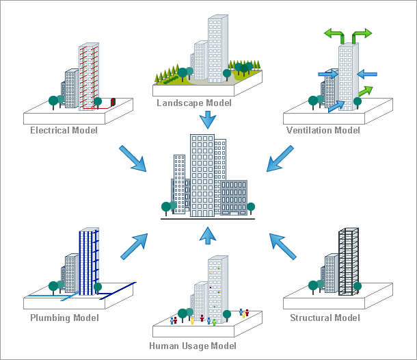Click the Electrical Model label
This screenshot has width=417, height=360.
tap(64, 130)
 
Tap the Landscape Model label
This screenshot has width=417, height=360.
tap(194, 103)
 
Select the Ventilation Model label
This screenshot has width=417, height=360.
tap(323, 130)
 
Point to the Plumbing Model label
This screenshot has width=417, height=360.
tap(64, 318)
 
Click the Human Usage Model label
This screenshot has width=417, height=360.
tap(193, 346)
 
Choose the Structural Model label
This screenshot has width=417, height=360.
tap(325, 318)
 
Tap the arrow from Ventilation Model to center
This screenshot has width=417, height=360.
tap(280, 158)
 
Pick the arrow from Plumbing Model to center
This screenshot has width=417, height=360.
tap(134, 246)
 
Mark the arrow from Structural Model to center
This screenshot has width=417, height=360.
tap(283, 246)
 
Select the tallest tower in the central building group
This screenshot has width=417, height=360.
tap(202, 175)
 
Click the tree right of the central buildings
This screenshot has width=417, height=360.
tap(251, 207)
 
